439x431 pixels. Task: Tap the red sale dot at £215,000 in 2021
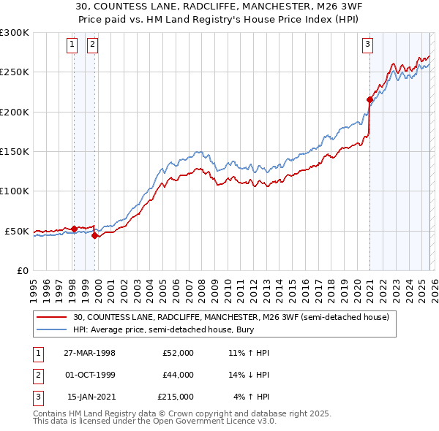tap(369, 99)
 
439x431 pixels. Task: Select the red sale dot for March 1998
tap(74, 229)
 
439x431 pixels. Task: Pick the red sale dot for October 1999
tap(94, 235)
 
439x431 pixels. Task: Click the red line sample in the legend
tap(51, 317)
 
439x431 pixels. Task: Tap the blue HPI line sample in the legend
tap(51, 329)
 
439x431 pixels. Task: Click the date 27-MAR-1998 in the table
tap(89, 353)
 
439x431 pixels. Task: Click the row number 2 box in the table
tap(36, 375)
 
